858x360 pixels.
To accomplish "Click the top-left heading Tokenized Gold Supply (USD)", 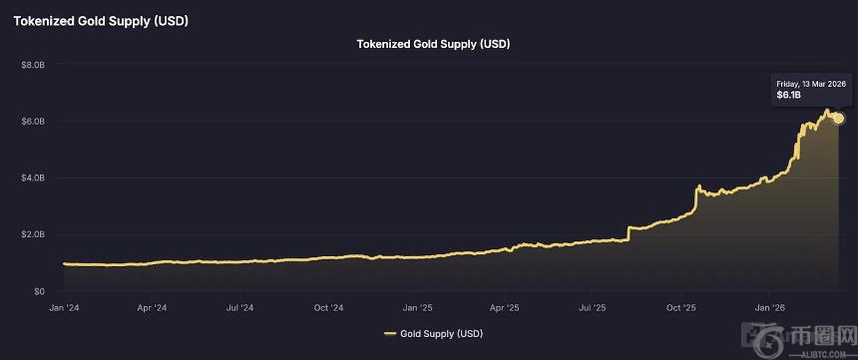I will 101,20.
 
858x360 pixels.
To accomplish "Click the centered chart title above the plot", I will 434,44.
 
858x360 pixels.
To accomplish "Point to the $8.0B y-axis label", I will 32,65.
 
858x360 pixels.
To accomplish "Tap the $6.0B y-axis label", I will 32,122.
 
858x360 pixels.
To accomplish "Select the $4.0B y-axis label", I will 32,179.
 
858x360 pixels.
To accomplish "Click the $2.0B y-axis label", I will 32,235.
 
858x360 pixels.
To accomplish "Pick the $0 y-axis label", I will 39,291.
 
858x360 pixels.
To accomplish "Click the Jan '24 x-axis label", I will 64,308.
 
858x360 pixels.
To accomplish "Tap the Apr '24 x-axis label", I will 152,308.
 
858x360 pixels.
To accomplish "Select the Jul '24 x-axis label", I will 239,308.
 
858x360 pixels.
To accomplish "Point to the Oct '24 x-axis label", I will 328,308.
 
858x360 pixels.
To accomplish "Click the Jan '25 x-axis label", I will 417,308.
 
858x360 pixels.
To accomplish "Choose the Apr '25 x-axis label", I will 505,308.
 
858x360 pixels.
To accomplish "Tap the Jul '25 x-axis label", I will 593,308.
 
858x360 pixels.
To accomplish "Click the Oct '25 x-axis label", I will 681,308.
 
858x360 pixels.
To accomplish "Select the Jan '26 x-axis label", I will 770,308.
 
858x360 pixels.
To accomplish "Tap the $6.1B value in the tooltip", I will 788,96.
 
